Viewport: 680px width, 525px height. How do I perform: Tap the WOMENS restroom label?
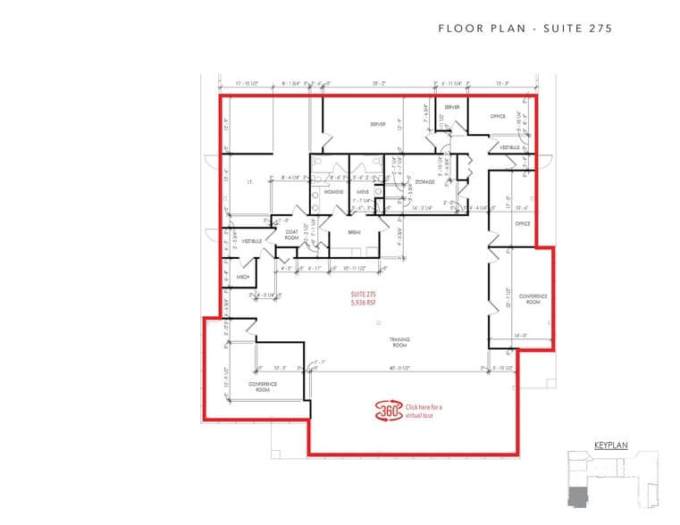tap(333, 192)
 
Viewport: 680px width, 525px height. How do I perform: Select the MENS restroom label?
tap(363, 192)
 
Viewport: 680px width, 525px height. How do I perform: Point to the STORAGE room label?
tap(424, 182)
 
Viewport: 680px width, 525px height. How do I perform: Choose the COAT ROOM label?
tap(291, 234)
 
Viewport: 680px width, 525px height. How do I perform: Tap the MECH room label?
tap(242, 278)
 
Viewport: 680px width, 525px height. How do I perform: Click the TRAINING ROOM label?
tap(399, 342)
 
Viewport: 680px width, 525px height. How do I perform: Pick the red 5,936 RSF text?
tap(361, 302)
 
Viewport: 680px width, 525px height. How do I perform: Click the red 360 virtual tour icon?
tap(388, 411)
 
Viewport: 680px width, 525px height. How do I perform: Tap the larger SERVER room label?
tap(377, 124)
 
